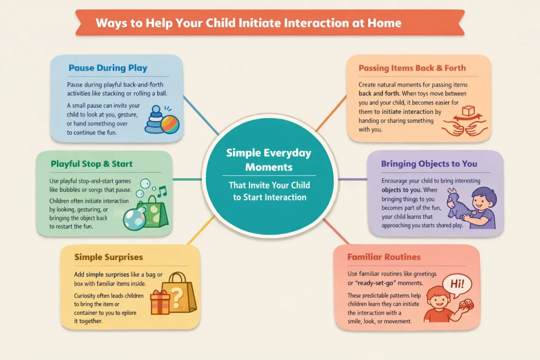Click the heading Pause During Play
coord(108,68)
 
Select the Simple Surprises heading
coord(109,257)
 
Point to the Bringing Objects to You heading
coord(429,164)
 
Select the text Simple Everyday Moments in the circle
coord(269,159)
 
